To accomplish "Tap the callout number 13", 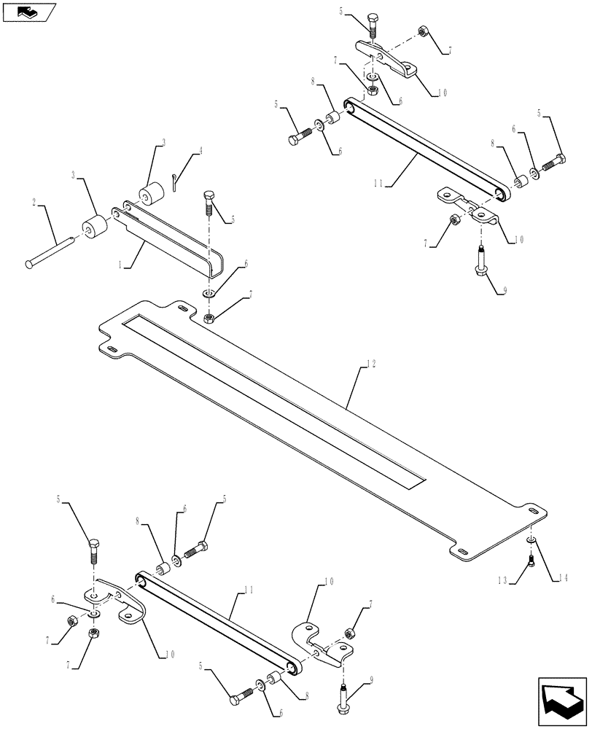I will (503, 580).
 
